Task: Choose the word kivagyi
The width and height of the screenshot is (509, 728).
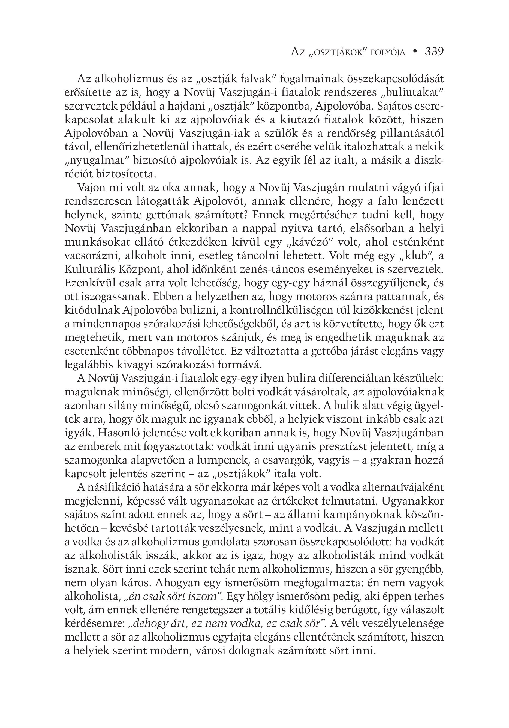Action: click(x=132, y=365)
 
